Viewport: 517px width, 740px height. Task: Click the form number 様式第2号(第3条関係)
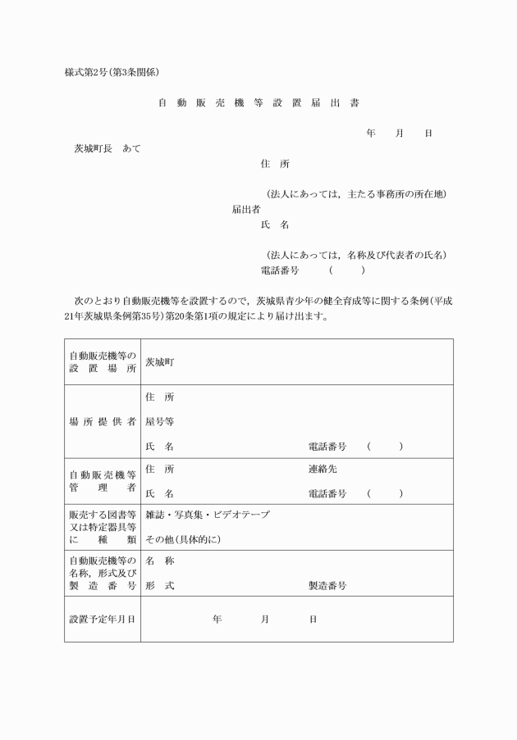point(117,72)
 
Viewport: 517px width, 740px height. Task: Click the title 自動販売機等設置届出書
point(258,103)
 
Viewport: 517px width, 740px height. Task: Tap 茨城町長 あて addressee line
point(108,148)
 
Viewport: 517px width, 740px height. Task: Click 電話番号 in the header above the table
point(279,270)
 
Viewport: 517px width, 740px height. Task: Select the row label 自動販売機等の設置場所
point(103,361)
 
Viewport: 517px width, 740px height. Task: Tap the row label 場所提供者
point(103,422)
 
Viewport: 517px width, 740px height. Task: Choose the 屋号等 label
point(159,422)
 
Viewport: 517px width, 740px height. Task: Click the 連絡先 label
point(323,470)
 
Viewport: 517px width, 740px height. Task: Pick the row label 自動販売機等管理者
point(103,481)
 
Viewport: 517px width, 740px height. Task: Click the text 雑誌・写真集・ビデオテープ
point(208,515)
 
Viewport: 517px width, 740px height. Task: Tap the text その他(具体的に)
point(183,540)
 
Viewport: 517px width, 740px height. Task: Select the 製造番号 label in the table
point(327,586)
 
